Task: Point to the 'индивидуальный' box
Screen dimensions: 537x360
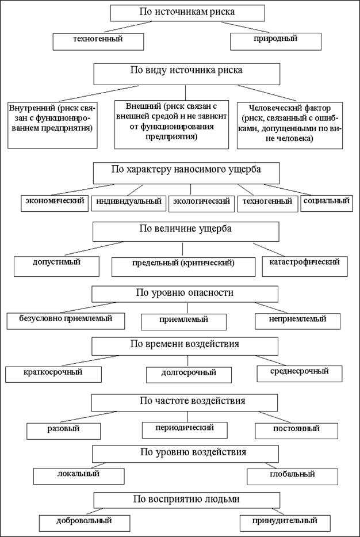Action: coord(128,202)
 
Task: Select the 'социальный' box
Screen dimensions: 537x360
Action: coord(326,202)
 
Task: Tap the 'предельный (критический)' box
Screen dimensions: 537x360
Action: coord(183,264)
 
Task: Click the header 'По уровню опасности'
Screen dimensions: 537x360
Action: coord(184,293)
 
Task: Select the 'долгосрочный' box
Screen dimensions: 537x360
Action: coord(189,374)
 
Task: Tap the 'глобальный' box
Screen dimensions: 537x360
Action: coord(292,476)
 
